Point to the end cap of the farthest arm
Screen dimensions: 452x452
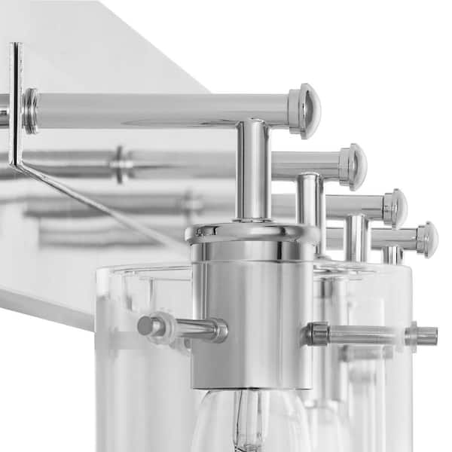(x=427, y=239)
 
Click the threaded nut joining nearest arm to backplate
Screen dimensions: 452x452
(x=29, y=110)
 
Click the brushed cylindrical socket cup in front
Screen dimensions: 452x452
(x=252, y=316)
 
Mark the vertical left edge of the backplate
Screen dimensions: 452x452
(x=15, y=105)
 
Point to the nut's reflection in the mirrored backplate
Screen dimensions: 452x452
(x=120, y=163)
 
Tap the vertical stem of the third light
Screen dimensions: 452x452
(x=355, y=237)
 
